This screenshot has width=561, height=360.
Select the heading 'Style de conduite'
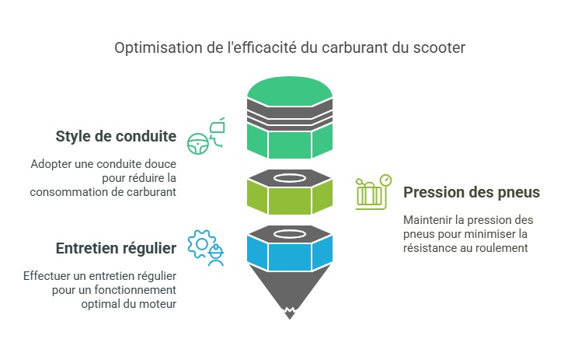[x=116, y=138]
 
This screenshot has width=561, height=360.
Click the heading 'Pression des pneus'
[x=472, y=191]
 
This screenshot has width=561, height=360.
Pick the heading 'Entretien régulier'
[x=116, y=248]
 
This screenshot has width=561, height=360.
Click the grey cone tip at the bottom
[x=290, y=299]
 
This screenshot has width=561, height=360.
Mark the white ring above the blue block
[x=290, y=232]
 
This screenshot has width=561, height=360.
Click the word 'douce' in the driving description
[x=158, y=165]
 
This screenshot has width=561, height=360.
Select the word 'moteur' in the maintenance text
[x=159, y=303]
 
